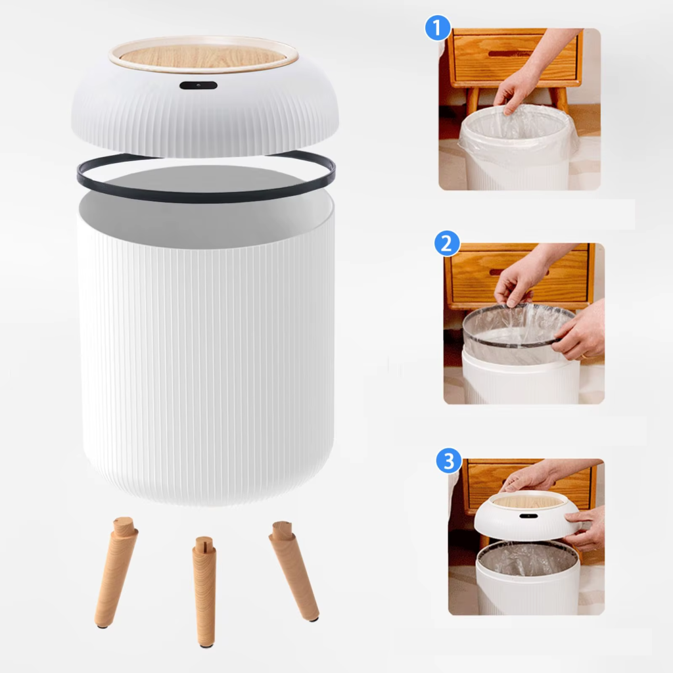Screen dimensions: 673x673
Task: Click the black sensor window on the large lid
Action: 198,85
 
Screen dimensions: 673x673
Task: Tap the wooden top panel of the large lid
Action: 203,55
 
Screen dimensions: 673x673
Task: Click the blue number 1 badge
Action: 437,29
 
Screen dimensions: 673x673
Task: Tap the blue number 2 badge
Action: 447,244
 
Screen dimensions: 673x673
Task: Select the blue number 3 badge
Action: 449,461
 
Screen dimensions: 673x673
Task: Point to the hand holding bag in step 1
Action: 517,89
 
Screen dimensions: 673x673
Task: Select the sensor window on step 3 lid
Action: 526,515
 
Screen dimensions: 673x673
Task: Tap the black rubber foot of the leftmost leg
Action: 103,625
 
